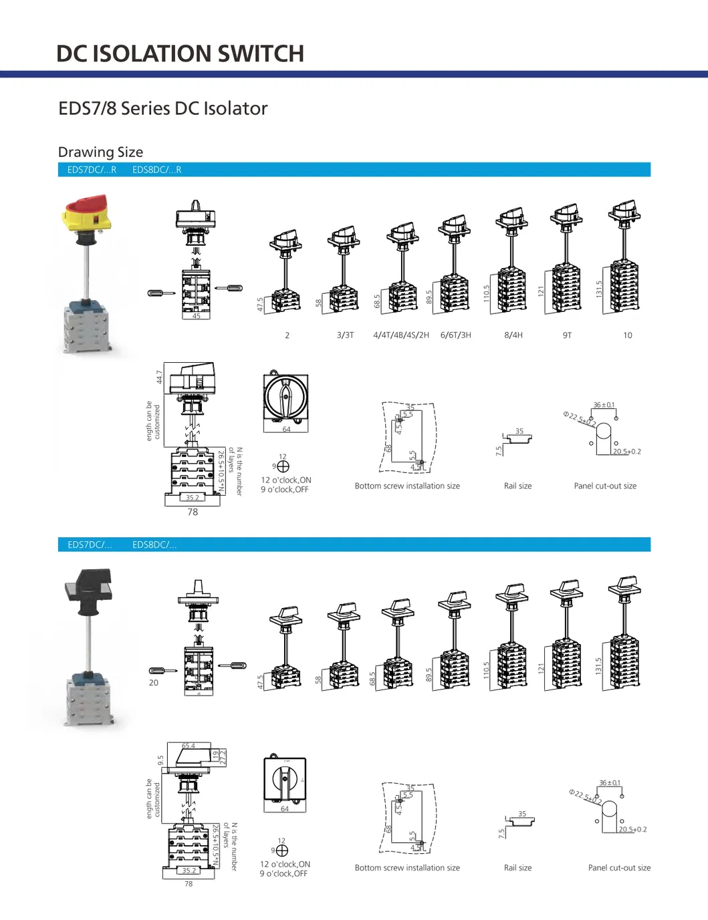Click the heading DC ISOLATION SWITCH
(180, 53)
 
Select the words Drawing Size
(100, 152)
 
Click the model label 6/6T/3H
(455, 335)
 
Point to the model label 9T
(567, 335)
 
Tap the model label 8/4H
(513, 335)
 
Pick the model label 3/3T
(345, 335)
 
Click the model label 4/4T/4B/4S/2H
(401, 335)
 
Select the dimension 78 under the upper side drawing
(193, 512)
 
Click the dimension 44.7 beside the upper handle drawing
(159, 377)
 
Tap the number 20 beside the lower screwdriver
(154, 683)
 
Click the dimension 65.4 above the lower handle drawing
(189, 746)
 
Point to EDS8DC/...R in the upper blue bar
(156, 170)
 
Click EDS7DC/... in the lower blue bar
(90, 545)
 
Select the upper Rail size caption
(517, 486)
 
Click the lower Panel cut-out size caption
(619, 868)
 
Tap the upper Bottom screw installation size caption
(407, 486)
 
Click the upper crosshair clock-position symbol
(283, 466)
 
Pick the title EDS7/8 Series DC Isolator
(163, 108)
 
